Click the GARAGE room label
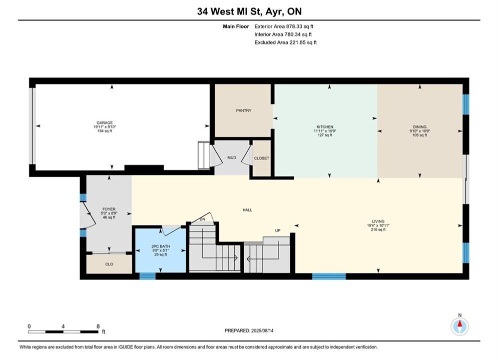coord(105,122)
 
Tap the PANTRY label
coord(244,110)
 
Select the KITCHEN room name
coord(325,127)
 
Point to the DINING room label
coord(419,127)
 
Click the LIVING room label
coord(378,221)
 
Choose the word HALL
coord(247,210)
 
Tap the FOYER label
coord(109,209)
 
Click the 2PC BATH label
coord(161,246)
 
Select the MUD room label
coord(232,157)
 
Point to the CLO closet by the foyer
coord(109,264)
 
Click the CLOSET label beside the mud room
coord(261,158)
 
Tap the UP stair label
coord(278,230)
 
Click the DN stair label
coord(202,219)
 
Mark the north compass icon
coord(459,326)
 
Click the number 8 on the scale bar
coord(98,326)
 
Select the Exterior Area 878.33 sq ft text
coord(284,26)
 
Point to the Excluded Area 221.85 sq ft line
coord(285,42)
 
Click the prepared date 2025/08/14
coord(262,330)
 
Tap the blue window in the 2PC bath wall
coord(148,276)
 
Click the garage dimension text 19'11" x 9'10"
coord(105,127)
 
